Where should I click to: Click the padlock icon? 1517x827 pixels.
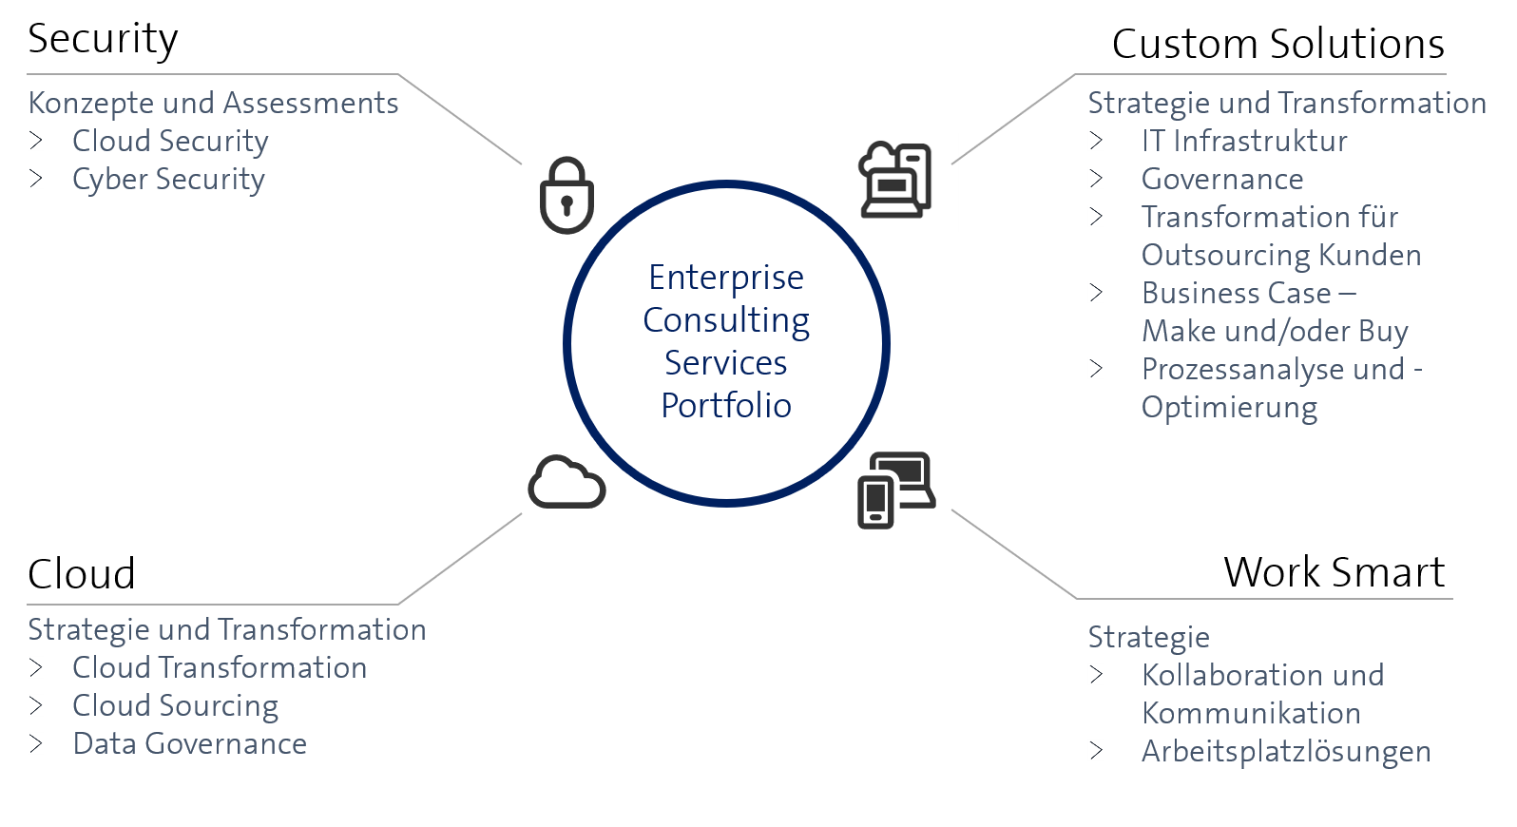point(566,196)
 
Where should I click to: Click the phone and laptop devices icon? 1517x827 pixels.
point(896,490)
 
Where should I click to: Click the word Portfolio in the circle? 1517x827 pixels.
point(726,406)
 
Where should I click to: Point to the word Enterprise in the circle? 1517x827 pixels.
point(726,278)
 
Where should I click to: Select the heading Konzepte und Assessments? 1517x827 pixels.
point(213,103)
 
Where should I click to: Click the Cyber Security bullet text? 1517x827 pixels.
point(168,179)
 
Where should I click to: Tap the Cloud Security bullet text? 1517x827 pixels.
point(170,141)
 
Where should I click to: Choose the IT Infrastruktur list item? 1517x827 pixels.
point(1244,141)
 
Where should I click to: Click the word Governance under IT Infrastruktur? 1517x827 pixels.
point(1222,179)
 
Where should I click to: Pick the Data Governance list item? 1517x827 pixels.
point(190,743)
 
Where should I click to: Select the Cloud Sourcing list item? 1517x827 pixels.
point(176,705)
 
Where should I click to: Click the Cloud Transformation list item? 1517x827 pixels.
point(220,667)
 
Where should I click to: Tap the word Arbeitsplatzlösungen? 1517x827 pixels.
point(1286,751)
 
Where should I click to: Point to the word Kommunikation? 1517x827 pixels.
point(1251,713)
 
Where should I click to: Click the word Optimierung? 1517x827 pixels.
point(1229,407)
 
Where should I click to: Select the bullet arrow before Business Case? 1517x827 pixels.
point(1096,293)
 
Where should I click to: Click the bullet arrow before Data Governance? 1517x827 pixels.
point(36,743)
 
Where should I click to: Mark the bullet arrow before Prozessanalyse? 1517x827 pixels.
point(1096,369)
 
